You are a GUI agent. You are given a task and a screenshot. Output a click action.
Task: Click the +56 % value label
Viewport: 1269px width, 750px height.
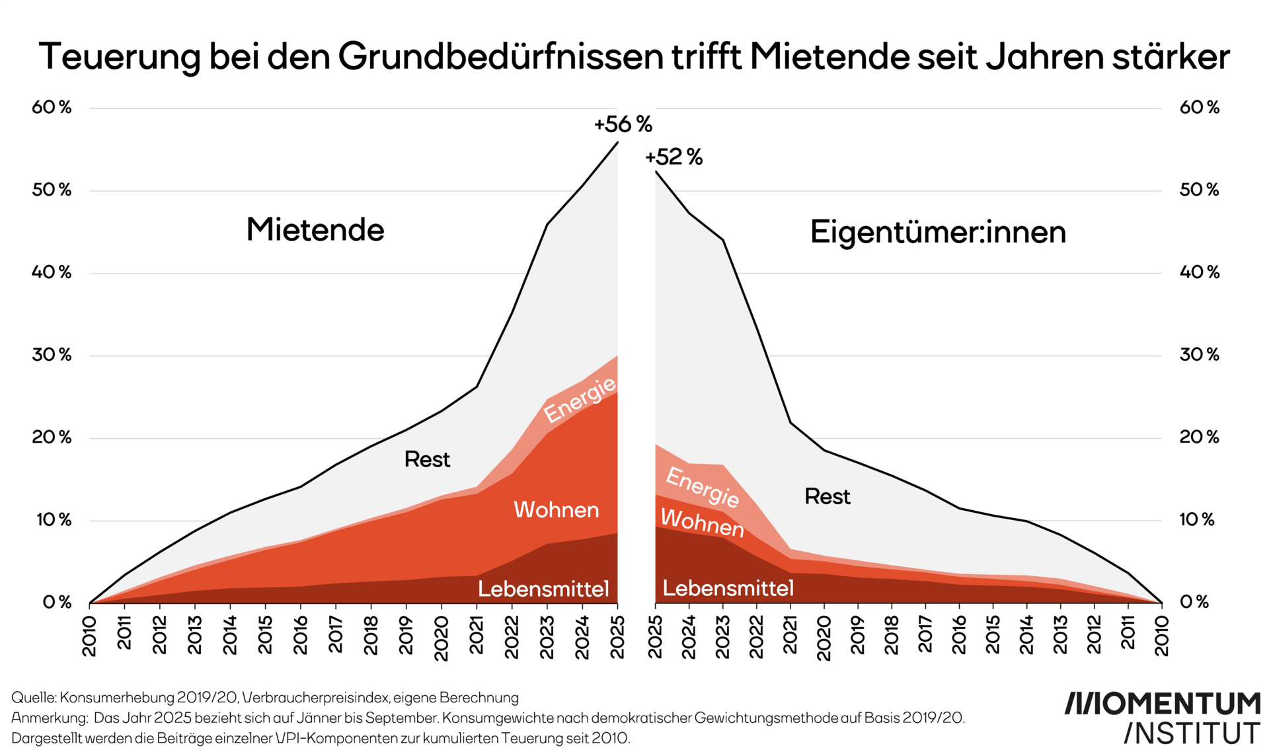point(623,124)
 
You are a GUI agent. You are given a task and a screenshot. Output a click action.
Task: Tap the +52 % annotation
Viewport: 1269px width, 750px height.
point(673,157)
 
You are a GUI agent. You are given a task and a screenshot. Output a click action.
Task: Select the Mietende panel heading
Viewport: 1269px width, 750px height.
point(315,230)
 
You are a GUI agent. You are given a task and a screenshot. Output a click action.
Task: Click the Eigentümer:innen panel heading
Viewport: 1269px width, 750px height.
point(938,233)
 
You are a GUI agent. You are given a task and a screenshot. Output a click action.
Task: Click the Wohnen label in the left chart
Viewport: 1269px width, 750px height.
point(556,509)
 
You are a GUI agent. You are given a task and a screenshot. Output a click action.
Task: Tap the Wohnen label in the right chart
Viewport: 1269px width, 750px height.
point(702,523)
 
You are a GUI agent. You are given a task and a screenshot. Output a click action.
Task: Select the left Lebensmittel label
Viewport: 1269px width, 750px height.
point(543,588)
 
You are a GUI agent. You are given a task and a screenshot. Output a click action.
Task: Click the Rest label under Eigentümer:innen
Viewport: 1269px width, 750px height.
point(827,496)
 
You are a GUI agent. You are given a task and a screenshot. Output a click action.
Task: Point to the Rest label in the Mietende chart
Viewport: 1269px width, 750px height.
point(427,459)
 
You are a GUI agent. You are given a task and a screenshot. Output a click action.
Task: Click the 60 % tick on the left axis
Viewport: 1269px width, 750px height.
point(52,107)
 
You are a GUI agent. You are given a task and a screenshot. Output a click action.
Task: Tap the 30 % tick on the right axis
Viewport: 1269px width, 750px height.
point(1199,355)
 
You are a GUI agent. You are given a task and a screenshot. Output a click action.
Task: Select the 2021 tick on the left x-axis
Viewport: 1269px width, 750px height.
point(477,635)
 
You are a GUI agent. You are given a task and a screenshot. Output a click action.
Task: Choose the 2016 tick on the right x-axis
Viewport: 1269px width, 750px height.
point(959,635)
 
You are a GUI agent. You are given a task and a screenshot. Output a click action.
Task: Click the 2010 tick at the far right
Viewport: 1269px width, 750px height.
point(1162,636)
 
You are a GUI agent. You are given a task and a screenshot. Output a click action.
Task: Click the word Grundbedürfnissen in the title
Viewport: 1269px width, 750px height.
point(501,57)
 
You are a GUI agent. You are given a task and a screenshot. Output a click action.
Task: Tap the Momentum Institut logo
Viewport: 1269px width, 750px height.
point(1162,718)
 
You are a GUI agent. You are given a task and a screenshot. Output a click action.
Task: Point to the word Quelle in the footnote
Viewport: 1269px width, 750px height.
point(33,698)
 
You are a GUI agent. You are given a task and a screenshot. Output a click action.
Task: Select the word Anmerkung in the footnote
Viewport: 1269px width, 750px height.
point(48,718)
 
